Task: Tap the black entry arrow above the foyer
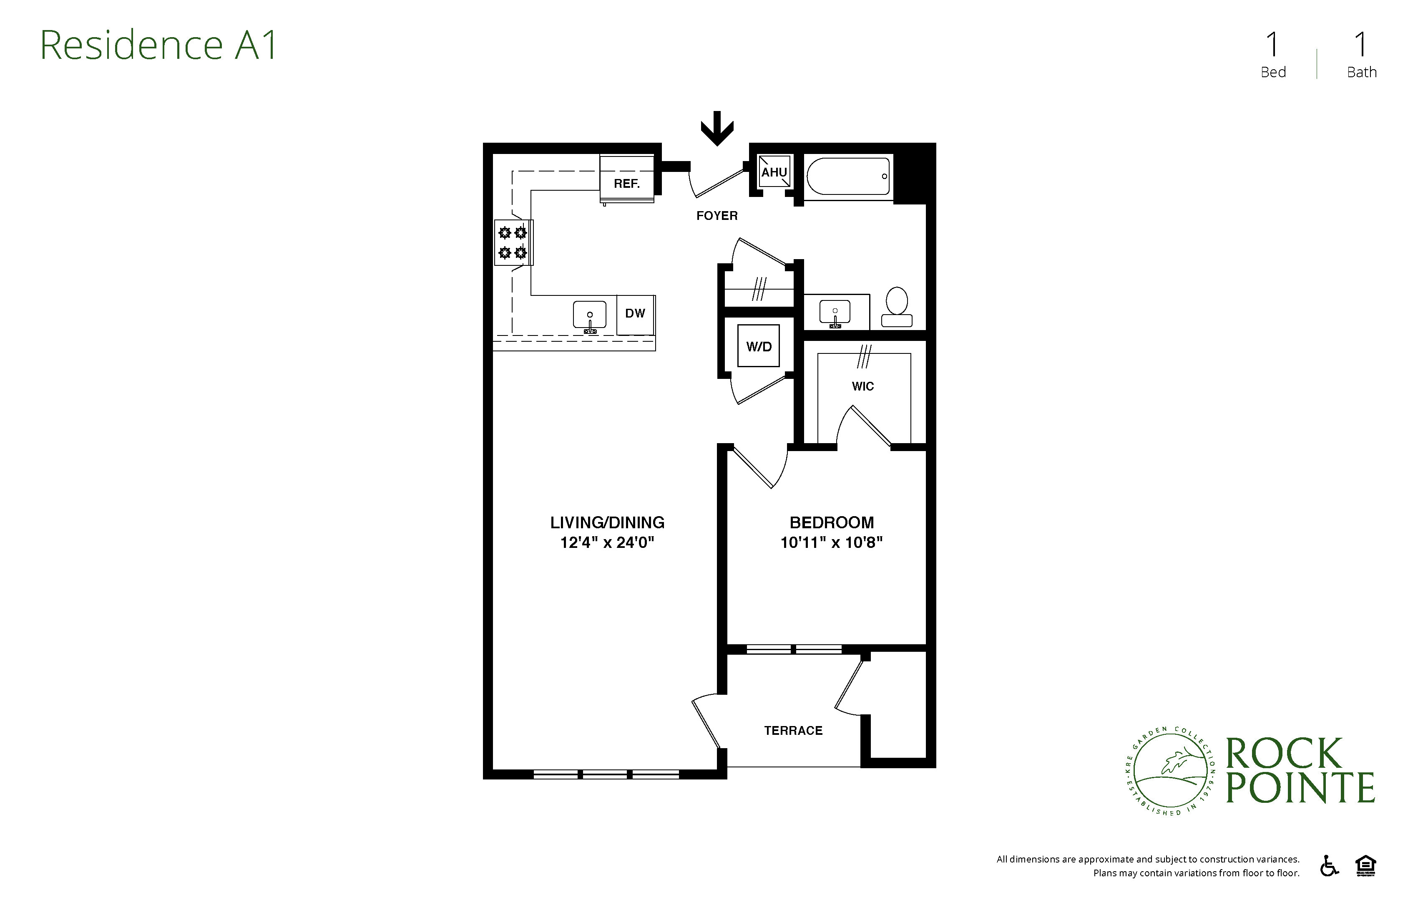pyautogui.click(x=717, y=128)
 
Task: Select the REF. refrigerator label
pyautogui.click(x=627, y=184)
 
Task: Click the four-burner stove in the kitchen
pyautogui.click(x=513, y=242)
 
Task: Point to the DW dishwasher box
pyautogui.click(x=635, y=314)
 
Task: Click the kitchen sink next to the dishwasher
pyautogui.click(x=590, y=316)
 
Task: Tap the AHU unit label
pyautogui.click(x=774, y=172)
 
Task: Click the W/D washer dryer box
pyautogui.click(x=759, y=346)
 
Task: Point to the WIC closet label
pyautogui.click(x=863, y=386)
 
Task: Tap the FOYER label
pyautogui.click(x=717, y=216)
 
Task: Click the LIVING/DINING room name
pyautogui.click(x=607, y=523)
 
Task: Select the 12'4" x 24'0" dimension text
pyautogui.click(x=607, y=542)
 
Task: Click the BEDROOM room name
pyautogui.click(x=832, y=523)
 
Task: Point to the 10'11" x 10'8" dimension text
pyautogui.click(x=832, y=542)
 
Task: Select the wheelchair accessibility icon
pyautogui.click(x=1329, y=866)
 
